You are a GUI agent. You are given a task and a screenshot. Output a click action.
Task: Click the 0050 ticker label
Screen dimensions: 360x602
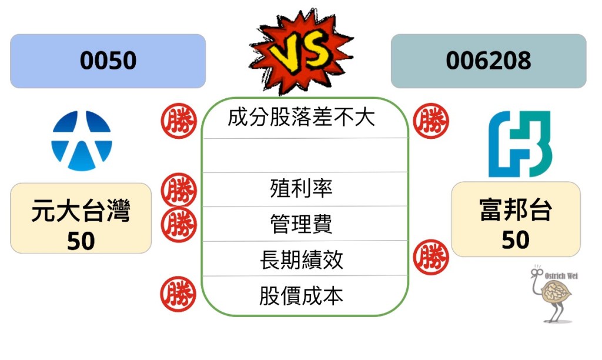pyautogui.click(x=108, y=61)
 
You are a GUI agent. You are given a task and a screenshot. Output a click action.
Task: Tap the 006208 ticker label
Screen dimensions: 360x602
pyautogui.click(x=488, y=61)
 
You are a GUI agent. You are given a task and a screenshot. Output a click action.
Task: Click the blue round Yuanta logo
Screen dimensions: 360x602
pyautogui.click(x=82, y=141)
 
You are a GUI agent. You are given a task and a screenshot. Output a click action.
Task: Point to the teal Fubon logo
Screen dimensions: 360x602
pyautogui.click(x=520, y=144)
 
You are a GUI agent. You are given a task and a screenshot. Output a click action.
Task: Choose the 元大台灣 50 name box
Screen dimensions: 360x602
pyautogui.click(x=81, y=218)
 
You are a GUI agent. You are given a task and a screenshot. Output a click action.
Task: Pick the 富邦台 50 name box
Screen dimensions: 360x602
pyautogui.click(x=516, y=219)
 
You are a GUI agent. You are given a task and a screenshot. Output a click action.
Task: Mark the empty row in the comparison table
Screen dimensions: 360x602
pyautogui.click(x=305, y=155)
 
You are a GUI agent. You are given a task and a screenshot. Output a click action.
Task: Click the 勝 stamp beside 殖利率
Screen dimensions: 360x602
pyautogui.click(x=178, y=191)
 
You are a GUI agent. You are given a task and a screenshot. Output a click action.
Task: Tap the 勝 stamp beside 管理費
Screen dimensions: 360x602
pyautogui.click(x=178, y=224)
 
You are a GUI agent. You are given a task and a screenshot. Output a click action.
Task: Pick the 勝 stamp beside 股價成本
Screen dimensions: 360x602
pyautogui.click(x=178, y=294)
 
